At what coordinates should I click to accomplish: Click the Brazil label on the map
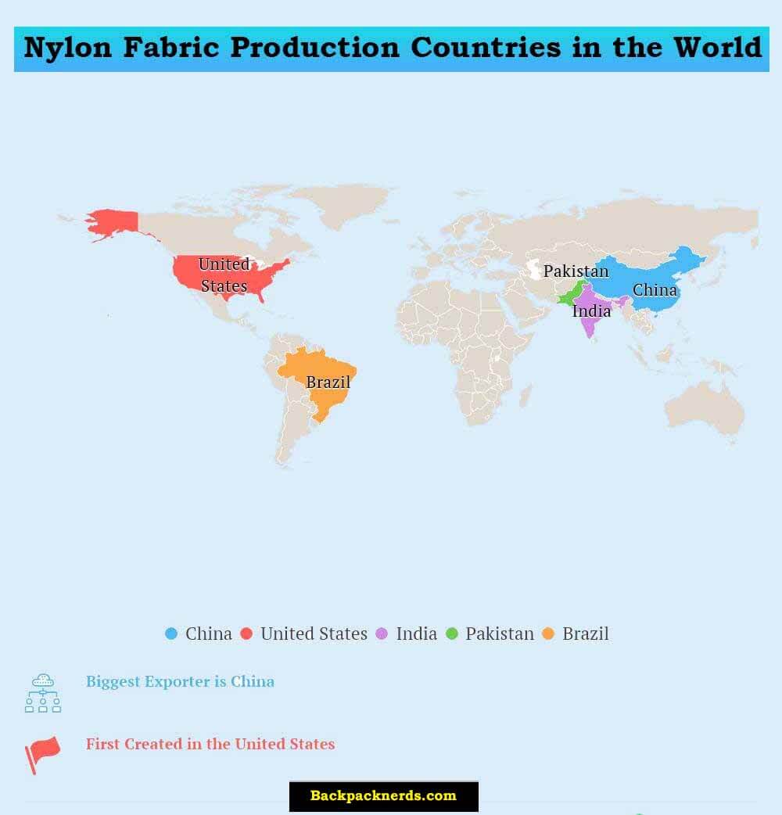pos(328,382)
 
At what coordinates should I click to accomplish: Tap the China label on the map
pos(655,290)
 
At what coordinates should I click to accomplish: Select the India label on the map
pos(591,311)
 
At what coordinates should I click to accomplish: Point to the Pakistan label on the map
pos(576,271)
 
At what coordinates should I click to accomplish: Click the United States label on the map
pos(224,275)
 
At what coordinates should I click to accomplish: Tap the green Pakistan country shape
pos(569,298)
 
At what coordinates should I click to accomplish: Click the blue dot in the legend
pos(171,634)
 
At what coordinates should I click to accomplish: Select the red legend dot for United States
pos(246,634)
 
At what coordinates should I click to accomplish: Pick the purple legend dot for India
pos(382,634)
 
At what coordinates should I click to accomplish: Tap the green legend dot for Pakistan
pos(451,634)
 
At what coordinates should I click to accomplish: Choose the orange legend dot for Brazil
pos(548,634)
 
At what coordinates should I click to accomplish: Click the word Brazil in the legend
pos(585,634)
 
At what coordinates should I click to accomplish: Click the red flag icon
pos(42,753)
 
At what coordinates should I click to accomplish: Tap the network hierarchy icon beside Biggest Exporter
pos(42,692)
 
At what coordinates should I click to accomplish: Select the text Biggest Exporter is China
pos(180,681)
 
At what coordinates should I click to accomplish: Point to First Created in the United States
pos(210,744)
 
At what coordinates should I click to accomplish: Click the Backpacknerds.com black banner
pos(383,796)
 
